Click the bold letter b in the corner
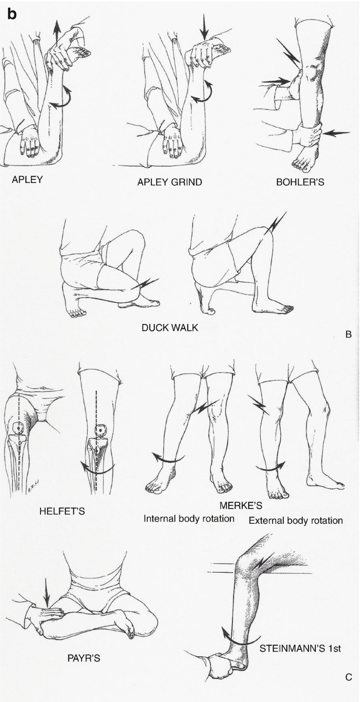(12, 14)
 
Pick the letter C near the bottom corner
(347, 677)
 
